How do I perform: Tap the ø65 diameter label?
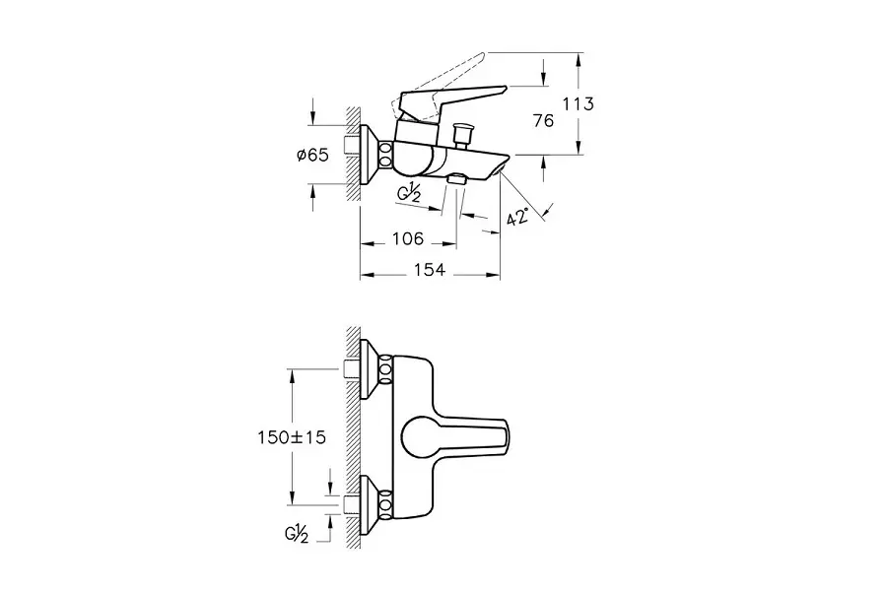(312, 155)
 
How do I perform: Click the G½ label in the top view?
(411, 193)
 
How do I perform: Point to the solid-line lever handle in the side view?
(448, 100)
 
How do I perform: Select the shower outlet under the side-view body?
(456, 180)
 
